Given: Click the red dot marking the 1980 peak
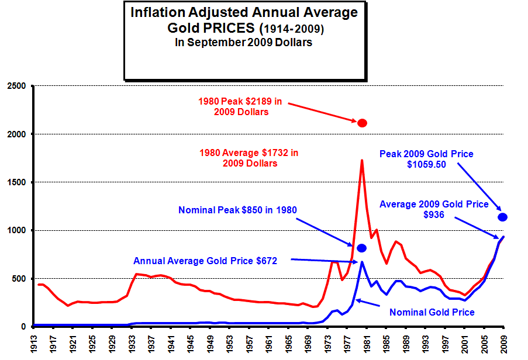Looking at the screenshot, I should [x=362, y=123].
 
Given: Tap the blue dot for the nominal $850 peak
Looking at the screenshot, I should [x=361, y=248].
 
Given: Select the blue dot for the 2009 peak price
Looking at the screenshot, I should [x=502, y=217].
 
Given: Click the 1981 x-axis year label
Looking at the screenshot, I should [x=367, y=341].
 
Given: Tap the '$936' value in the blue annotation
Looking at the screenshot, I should [x=434, y=215].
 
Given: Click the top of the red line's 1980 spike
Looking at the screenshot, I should [x=362, y=160].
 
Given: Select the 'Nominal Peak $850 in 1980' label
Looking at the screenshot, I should [x=237, y=209].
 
